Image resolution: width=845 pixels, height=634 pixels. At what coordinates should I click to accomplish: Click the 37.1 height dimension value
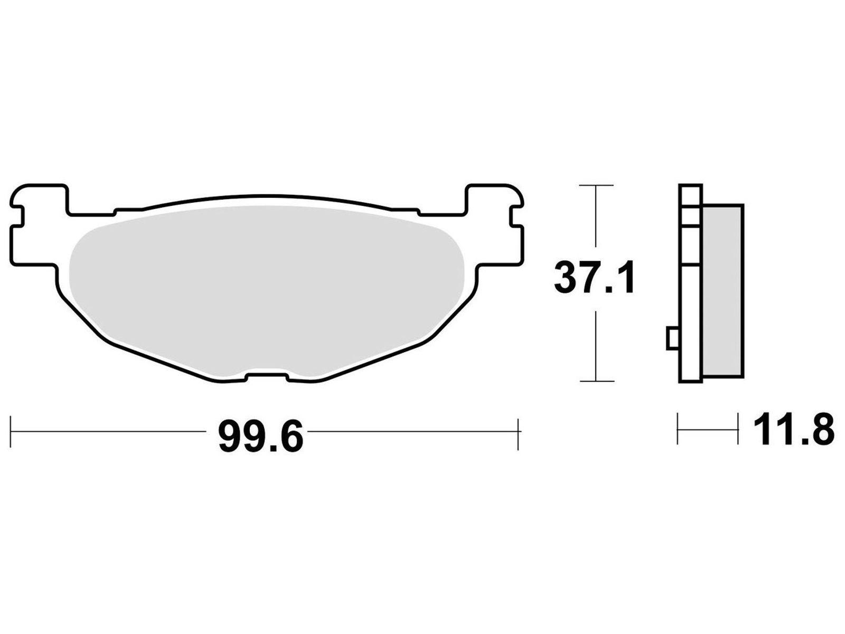point(594,278)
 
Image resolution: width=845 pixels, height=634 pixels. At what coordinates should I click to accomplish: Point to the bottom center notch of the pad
point(267,376)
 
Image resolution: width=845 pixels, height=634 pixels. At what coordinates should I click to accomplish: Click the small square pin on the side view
point(672,338)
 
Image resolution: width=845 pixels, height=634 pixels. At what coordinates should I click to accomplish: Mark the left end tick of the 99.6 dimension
point(11,432)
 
